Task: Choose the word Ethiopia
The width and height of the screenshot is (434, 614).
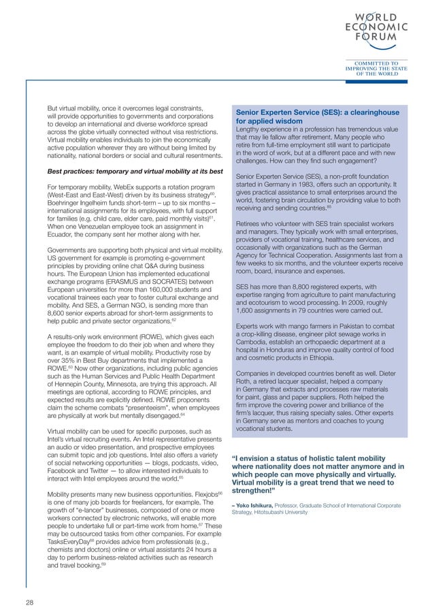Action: tap(326, 358)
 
